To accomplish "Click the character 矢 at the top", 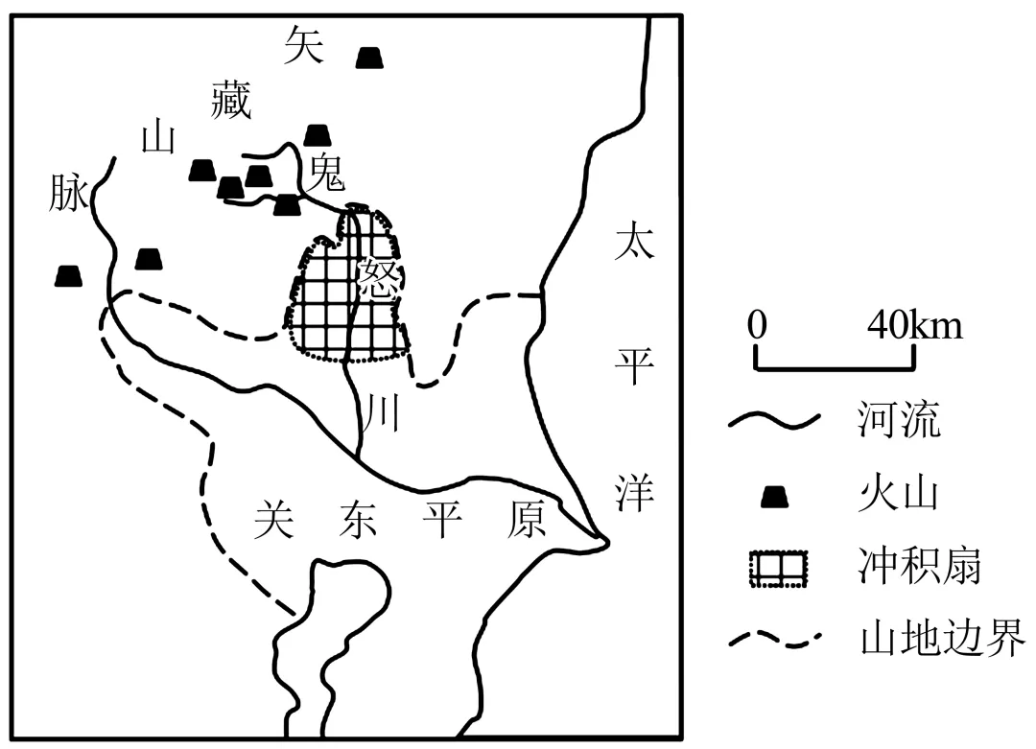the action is coord(304,45).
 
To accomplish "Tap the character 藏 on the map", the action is coord(231,101).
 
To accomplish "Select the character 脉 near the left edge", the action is coord(68,195).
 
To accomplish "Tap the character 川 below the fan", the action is coord(382,414).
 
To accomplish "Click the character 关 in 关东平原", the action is coord(274,521).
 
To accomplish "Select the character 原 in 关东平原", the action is coord(527,521).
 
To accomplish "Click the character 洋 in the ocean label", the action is coord(634,492).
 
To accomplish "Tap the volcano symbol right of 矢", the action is coord(369,58).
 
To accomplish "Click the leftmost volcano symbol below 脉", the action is coord(68,276).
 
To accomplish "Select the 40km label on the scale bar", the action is coord(914,326).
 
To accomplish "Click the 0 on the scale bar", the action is coord(758,326).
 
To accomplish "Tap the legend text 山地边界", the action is coord(941,638).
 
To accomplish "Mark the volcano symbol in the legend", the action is coord(775,497).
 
